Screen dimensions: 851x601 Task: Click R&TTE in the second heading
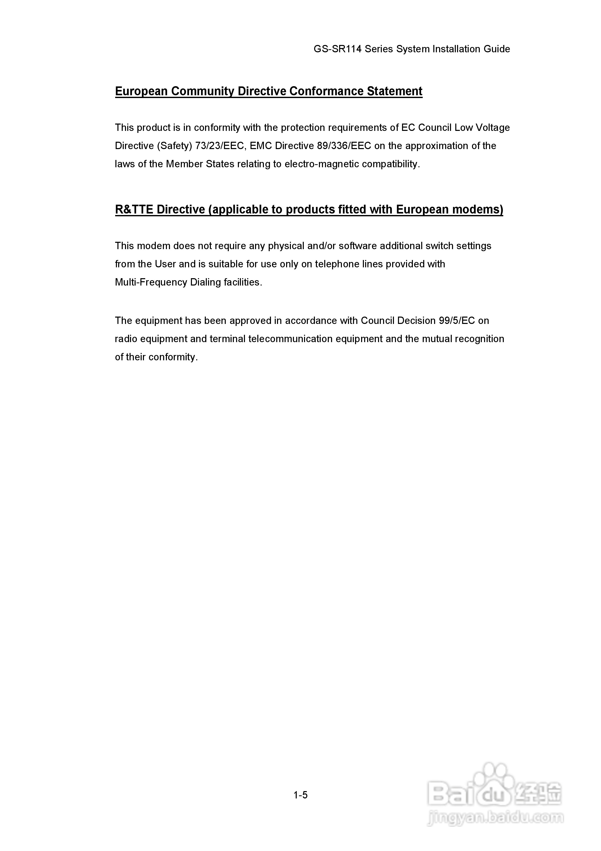click(x=134, y=210)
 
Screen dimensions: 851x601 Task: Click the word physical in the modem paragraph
click(x=284, y=246)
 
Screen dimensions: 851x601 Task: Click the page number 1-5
click(x=300, y=795)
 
